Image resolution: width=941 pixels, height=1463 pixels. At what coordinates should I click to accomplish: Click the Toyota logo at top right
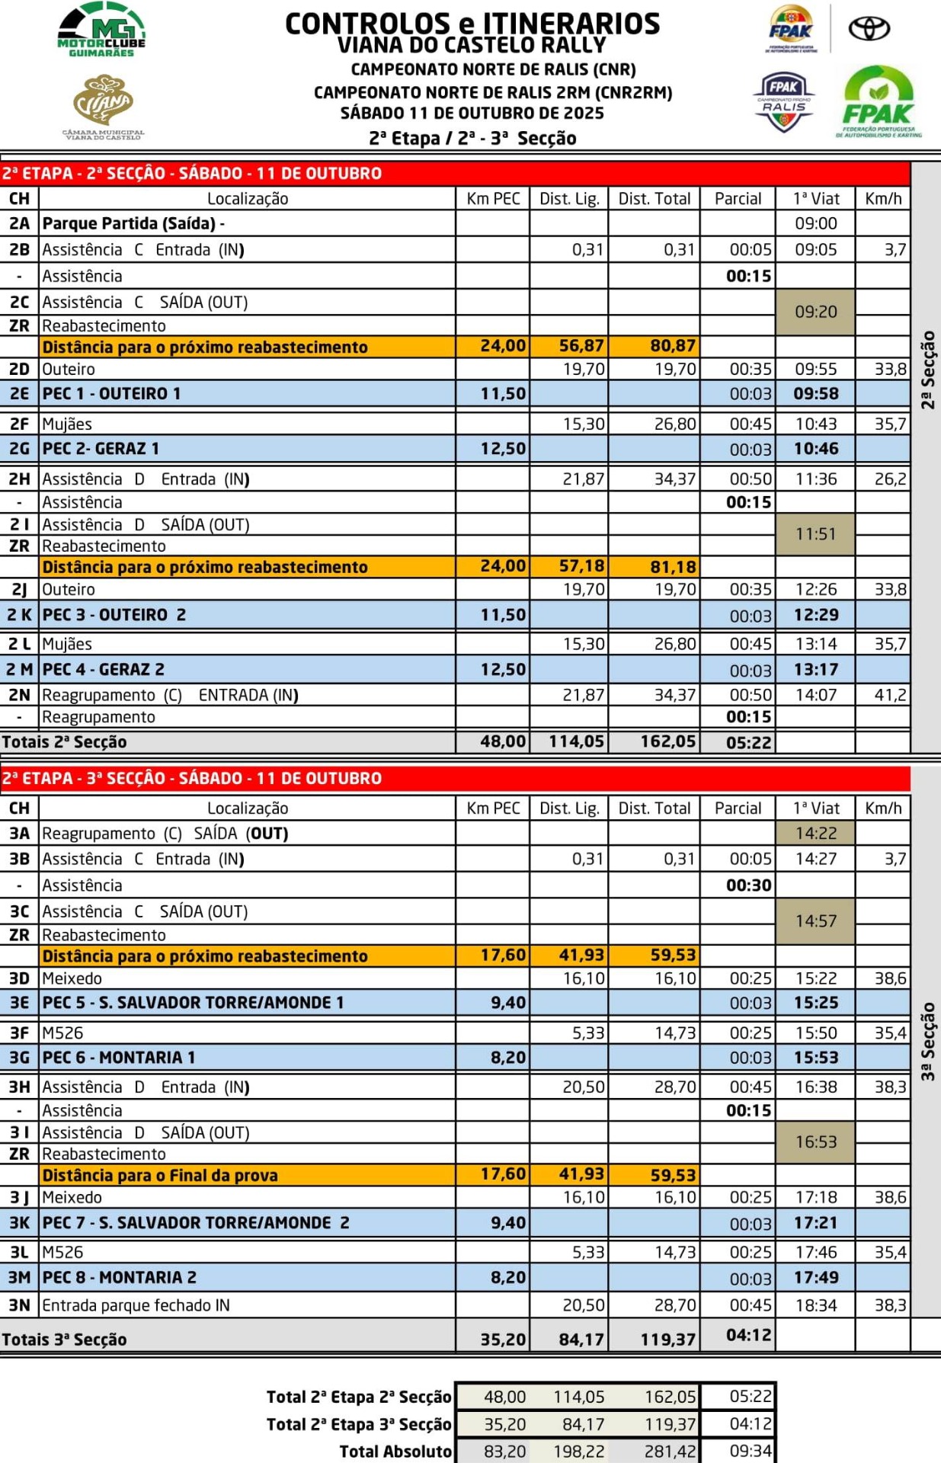point(869,29)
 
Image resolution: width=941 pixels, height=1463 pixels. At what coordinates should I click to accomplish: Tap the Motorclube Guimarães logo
point(101,30)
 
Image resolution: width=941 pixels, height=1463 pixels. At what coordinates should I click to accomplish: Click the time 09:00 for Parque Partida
point(815,223)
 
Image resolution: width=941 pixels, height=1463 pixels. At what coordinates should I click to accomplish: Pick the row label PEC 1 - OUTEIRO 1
point(111,394)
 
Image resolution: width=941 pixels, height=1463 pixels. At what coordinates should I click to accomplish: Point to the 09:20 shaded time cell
point(815,312)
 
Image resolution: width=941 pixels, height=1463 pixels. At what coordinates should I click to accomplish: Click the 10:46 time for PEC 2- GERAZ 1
point(815,449)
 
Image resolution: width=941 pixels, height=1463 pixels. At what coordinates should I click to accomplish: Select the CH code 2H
point(19,479)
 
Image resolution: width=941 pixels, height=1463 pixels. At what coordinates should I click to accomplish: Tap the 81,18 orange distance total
point(672,567)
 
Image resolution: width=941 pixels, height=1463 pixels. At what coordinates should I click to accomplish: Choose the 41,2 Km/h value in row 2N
point(890,695)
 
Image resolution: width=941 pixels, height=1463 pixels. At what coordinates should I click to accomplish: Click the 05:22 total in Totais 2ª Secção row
point(748,742)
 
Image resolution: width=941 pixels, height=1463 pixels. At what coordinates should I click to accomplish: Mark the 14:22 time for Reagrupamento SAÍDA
point(815,834)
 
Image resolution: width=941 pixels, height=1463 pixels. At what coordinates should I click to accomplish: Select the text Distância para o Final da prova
point(160,1175)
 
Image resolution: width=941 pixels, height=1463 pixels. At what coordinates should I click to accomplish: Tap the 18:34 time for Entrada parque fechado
point(815,1305)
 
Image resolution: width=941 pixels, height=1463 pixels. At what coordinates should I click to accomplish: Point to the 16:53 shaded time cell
point(815,1141)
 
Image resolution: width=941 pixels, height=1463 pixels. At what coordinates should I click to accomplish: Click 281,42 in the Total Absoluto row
point(670,1452)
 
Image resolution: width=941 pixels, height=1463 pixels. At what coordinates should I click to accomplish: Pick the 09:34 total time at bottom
point(750,1451)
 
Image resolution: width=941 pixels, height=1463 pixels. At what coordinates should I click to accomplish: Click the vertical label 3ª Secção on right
point(927,1041)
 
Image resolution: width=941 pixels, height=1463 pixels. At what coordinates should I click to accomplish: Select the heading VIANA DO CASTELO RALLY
point(472,46)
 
